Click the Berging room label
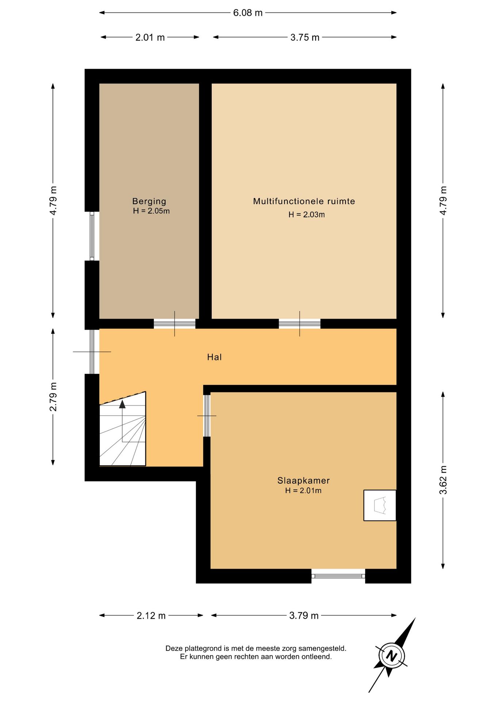point(149,201)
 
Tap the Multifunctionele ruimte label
point(304,201)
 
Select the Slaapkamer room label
point(303,480)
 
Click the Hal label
point(214,357)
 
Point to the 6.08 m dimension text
point(248,13)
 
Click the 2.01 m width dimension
point(150,37)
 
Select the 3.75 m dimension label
point(305,37)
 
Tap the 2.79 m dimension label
point(53,396)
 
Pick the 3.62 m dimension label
point(443,480)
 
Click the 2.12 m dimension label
point(151,616)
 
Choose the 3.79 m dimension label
point(304,616)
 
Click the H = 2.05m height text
point(151,211)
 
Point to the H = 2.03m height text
point(306,215)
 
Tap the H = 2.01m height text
point(303,491)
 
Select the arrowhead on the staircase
point(122,404)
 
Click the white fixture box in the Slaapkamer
point(380,505)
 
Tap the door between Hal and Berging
point(175,324)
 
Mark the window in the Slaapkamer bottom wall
point(338,576)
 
